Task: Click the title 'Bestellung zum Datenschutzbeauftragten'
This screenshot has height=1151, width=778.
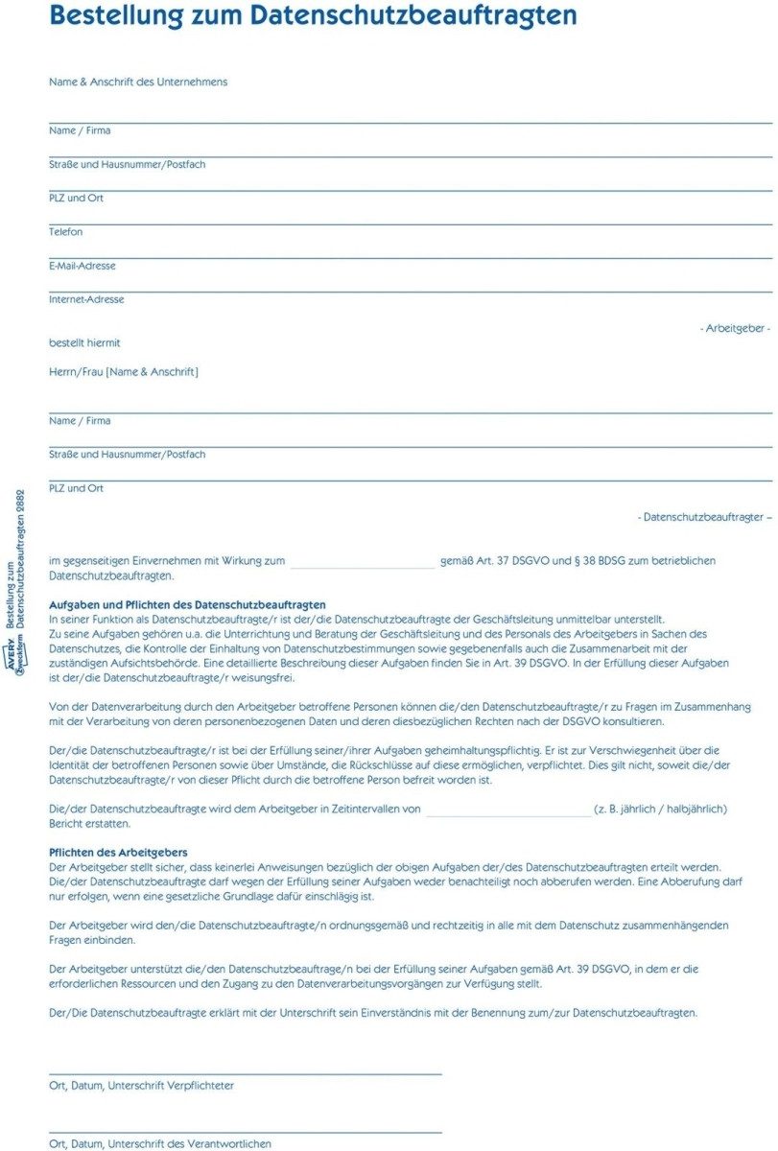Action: [x=313, y=16]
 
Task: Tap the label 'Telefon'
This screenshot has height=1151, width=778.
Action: [x=66, y=232]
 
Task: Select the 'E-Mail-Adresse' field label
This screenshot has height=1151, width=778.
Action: [x=83, y=266]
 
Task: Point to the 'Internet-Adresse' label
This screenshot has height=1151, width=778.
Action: [x=86, y=299]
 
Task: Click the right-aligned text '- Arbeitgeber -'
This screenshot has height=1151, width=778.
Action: [x=735, y=328]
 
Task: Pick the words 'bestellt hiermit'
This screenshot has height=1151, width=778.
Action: [x=84, y=343]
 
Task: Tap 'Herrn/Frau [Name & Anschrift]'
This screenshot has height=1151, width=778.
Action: [x=124, y=371]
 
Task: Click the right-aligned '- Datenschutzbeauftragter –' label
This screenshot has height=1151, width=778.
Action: [x=704, y=517]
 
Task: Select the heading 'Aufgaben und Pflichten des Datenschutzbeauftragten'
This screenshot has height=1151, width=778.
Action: [x=187, y=605]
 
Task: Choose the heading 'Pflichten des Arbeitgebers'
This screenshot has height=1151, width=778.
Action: [x=118, y=853]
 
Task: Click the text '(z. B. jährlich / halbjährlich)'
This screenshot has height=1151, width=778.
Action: [x=660, y=810]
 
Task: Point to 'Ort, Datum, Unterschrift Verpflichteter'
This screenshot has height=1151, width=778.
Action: [x=141, y=1086]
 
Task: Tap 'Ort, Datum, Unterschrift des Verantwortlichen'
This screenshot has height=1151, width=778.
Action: [x=160, y=1143]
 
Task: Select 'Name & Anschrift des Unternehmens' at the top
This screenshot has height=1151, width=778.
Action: [x=138, y=82]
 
